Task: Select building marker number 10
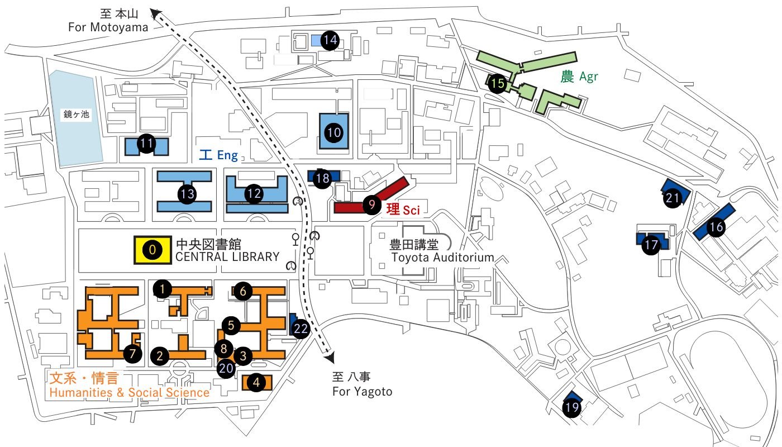point(334,132)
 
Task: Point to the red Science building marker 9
point(371,205)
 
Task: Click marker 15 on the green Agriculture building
point(497,84)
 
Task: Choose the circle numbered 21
point(673,198)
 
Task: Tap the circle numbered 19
point(571,407)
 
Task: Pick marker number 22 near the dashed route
point(301,329)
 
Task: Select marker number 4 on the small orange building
point(256,383)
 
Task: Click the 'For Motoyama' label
point(108,27)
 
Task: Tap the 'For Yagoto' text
point(362,391)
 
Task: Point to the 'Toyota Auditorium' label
point(442,258)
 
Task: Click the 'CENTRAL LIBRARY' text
point(227,257)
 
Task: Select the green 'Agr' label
point(588,77)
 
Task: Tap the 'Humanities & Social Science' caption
point(130,392)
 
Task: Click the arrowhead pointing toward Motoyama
point(155,12)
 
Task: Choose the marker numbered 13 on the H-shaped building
point(187,194)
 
